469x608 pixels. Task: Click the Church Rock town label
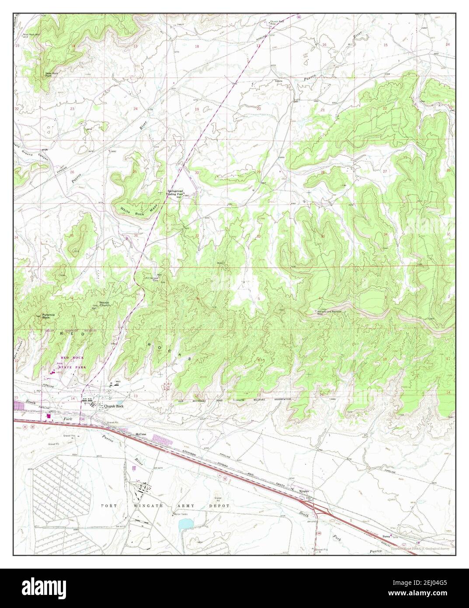pos(114,406)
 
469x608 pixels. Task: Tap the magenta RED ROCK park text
pos(72,357)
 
